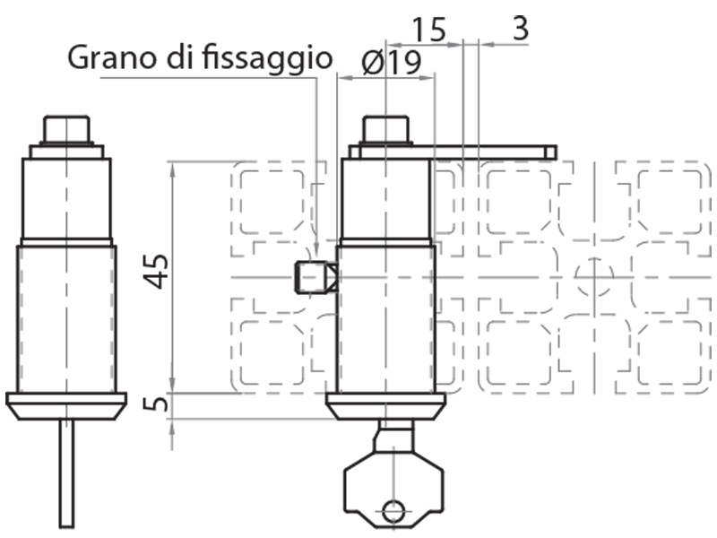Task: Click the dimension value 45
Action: pyautogui.click(x=157, y=271)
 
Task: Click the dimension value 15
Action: pyautogui.click(x=429, y=30)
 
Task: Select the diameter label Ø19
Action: pyautogui.click(x=392, y=62)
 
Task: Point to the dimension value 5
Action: pyautogui.click(x=157, y=404)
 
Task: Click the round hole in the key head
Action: pyautogui.click(x=393, y=511)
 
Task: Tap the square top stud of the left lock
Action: pyautogui.click(x=67, y=129)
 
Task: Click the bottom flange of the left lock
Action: pyautogui.click(x=66, y=404)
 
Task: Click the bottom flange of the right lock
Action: pyautogui.click(x=385, y=405)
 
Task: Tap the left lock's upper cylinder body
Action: pyautogui.click(x=67, y=197)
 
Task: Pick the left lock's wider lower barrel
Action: pyautogui.click(x=67, y=318)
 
